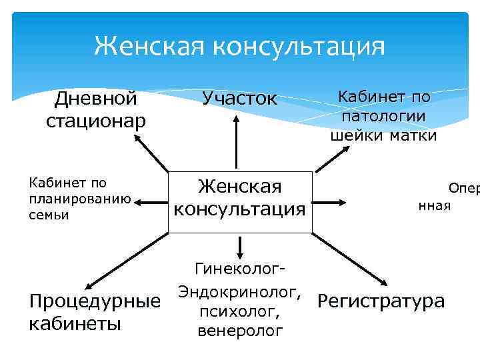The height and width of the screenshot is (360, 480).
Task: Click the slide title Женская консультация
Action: point(239,46)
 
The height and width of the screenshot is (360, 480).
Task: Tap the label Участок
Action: point(239,99)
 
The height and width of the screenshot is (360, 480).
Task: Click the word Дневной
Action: point(96,99)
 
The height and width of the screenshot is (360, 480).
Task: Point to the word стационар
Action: point(96,121)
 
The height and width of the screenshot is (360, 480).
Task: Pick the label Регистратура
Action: point(381,301)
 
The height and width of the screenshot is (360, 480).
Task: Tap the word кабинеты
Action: point(75,324)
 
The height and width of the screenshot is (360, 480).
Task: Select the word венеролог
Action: point(240,331)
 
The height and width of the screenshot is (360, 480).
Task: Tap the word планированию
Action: point(79,199)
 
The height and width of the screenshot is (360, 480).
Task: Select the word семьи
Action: point(47,215)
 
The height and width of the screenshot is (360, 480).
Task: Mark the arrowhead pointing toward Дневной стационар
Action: point(137,137)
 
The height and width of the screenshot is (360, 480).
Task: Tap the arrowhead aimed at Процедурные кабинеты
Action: point(89,285)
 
